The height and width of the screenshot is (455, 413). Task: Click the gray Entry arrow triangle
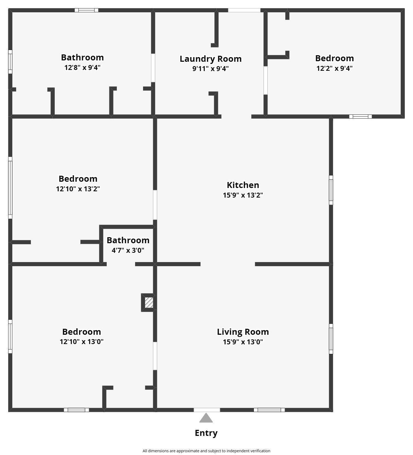tap(206, 418)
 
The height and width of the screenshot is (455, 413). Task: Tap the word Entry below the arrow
tap(206, 433)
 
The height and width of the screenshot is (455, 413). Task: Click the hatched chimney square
tap(149, 303)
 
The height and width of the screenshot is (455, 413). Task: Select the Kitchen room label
tap(243, 185)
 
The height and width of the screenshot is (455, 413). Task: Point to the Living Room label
tap(243, 332)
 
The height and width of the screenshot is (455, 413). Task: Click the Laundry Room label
tap(211, 59)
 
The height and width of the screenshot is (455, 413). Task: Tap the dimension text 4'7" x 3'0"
tap(128, 250)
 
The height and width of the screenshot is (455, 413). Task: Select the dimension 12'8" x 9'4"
tap(82, 67)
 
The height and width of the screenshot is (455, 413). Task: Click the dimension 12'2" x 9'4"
tap(335, 68)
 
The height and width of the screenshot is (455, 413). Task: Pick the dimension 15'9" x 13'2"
tap(243, 195)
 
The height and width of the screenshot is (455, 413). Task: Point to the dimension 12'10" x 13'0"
tap(82, 342)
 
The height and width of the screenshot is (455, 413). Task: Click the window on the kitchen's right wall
tap(331, 190)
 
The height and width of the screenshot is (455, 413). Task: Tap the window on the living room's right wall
tap(331, 339)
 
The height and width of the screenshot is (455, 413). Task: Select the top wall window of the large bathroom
tap(86, 10)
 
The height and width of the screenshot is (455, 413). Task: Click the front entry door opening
tap(207, 410)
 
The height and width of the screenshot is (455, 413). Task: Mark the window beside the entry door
tap(269, 410)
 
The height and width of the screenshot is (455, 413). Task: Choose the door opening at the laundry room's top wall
tap(244, 10)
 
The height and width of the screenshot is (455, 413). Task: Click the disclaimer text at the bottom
tap(206, 451)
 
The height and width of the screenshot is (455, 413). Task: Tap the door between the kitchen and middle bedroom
tap(155, 205)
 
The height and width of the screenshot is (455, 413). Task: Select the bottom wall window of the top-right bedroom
tap(360, 116)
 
